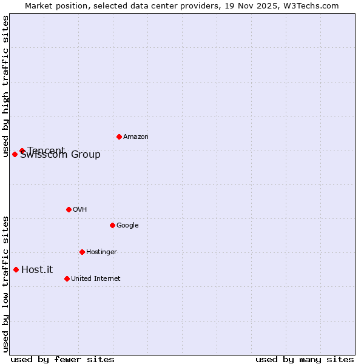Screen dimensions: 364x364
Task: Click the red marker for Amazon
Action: pyautogui.click(x=119, y=136)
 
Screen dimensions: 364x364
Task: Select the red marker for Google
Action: pyautogui.click(x=112, y=225)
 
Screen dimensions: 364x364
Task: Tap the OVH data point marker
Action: pyautogui.click(x=69, y=209)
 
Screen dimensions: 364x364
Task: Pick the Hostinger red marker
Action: pyautogui.click(x=82, y=252)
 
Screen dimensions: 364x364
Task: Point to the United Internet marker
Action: pyautogui.click(x=67, y=278)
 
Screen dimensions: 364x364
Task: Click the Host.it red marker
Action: pyautogui.click(x=16, y=269)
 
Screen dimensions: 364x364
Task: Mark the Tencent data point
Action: pyautogui.click(x=22, y=150)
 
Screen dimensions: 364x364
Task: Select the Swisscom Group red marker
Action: pyautogui.click(x=15, y=154)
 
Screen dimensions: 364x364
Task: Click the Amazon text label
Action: pyautogui.click(x=135, y=137)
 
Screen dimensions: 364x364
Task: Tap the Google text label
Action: pyautogui.click(x=127, y=226)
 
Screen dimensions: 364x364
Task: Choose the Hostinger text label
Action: pyautogui.click(x=101, y=252)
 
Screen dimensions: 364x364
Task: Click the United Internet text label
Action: pyautogui.click(x=95, y=279)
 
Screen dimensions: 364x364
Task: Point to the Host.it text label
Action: pyautogui.click(x=37, y=270)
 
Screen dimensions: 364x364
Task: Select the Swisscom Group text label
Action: pyautogui.click(x=61, y=155)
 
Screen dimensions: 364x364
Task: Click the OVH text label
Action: pyautogui.click(x=79, y=210)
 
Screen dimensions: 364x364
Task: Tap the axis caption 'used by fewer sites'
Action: pyautogui.click(x=62, y=359)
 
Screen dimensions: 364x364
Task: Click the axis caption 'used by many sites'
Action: pyautogui.click(x=305, y=359)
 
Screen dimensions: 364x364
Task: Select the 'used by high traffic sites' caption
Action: pyautogui.click(x=6, y=87)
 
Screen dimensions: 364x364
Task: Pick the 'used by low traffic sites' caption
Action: pyautogui.click(x=6, y=283)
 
